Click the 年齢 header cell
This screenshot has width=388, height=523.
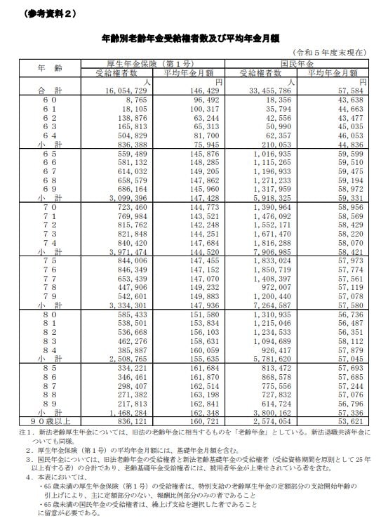click(39, 68)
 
